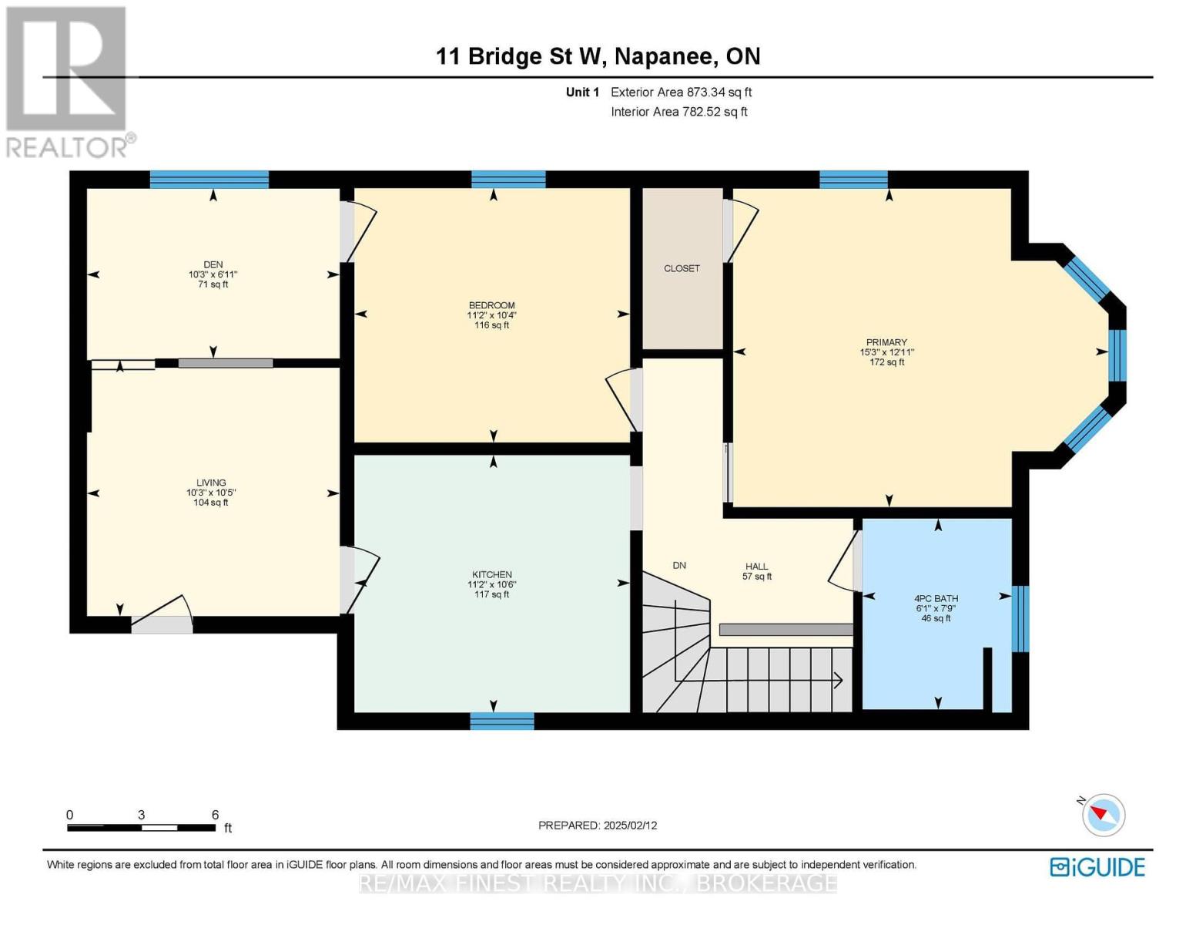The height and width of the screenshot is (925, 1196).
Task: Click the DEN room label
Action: pyautogui.click(x=213, y=264)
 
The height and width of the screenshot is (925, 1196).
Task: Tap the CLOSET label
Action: pyautogui.click(x=682, y=268)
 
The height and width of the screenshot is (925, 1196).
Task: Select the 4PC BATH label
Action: pyautogui.click(x=936, y=598)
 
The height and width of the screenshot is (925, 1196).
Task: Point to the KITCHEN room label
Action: pyautogui.click(x=491, y=574)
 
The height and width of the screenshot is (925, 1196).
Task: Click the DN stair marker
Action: pyautogui.click(x=679, y=565)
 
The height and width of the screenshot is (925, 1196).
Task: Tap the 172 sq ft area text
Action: pyautogui.click(x=886, y=362)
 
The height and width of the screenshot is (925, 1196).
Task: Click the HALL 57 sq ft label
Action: pyautogui.click(x=757, y=571)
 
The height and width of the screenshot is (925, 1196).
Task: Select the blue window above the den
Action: pyautogui.click(x=209, y=180)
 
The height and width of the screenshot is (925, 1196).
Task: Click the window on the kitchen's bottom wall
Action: pyautogui.click(x=502, y=721)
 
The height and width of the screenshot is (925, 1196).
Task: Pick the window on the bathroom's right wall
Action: pyautogui.click(x=1020, y=619)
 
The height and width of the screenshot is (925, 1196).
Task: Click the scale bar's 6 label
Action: pyautogui.click(x=215, y=815)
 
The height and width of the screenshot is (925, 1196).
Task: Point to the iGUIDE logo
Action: pyautogui.click(x=1097, y=867)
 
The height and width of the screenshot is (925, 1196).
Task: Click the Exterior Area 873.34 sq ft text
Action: pyautogui.click(x=681, y=92)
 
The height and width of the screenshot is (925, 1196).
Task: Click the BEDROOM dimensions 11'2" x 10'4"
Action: pyautogui.click(x=491, y=315)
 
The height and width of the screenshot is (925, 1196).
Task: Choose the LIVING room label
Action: pyautogui.click(x=211, y=483)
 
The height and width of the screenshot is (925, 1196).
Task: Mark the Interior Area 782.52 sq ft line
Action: pyautogui.click(x=679, y=112)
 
